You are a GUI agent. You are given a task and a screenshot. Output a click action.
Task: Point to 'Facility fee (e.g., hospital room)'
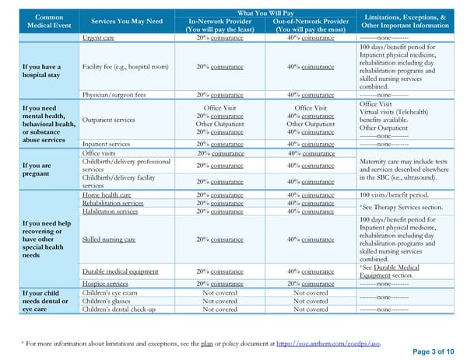pyautogui.click(x=125, y=66)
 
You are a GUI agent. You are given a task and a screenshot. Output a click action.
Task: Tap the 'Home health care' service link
pyautogui.click(x=107, y=194)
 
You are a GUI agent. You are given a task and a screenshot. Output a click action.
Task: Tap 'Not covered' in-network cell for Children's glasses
pyautogui.click(x=219, y=301)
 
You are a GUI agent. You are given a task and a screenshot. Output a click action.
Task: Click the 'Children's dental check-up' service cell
pyautogui.click(x=119, y=309)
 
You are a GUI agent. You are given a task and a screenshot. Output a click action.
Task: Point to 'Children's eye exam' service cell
pyautogui.click(x=111, y=292)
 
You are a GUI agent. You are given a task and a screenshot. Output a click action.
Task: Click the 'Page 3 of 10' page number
pyautogui.click(x=433, y=351)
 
